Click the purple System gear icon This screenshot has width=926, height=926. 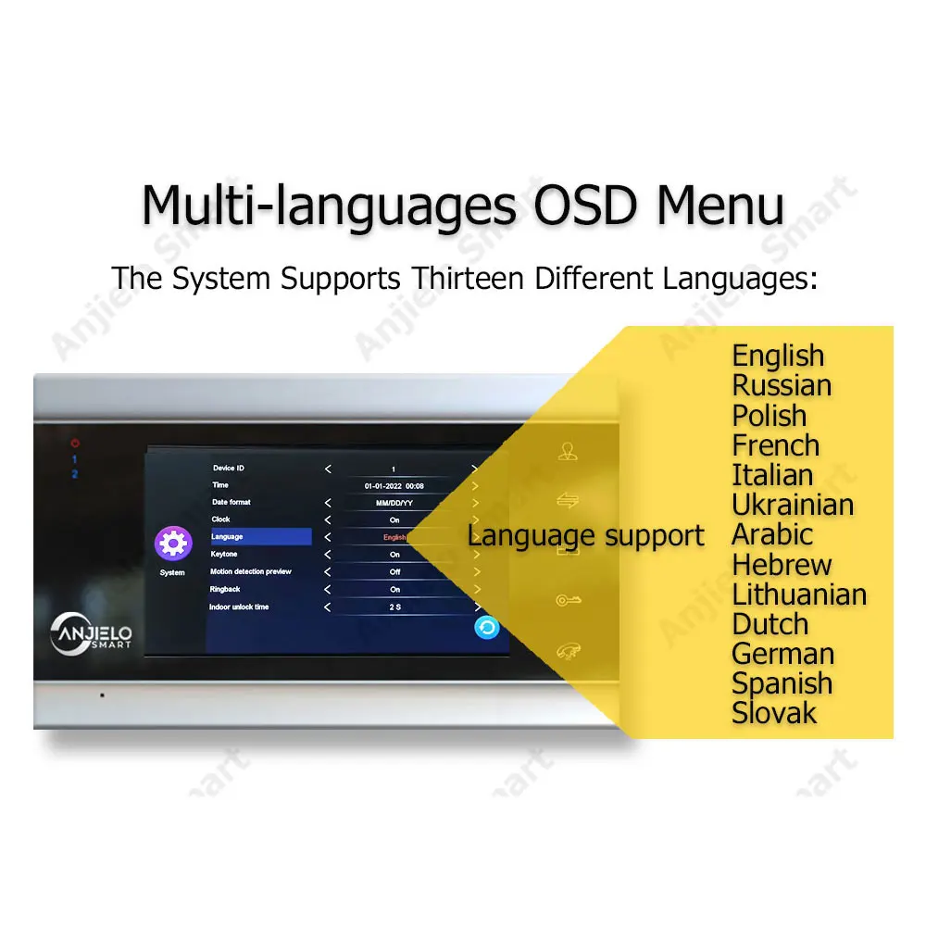point(173,543)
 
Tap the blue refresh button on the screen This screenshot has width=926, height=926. point(487,627)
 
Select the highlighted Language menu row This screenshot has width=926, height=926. point(260,536)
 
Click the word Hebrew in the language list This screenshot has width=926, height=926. point(782,565)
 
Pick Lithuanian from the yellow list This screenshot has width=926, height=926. point(799,594)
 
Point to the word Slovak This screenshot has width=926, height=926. point(773,713)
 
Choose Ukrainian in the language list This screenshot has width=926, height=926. point(793,505)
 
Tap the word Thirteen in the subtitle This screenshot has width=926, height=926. point(468,278)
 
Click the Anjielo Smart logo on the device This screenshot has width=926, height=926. point(91,633)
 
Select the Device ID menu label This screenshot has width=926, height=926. point(229,468)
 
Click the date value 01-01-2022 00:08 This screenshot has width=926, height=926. point(394,486)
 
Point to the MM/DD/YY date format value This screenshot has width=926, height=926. point(394,503)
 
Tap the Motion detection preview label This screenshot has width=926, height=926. point(251,571)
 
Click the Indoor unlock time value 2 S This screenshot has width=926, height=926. point(395,607)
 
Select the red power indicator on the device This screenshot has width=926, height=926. point(75,443)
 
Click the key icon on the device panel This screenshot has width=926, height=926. point(569,601)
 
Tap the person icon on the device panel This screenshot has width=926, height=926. point(568,451)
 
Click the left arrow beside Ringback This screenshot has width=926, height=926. point(328,589)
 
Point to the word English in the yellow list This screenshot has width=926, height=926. point(778,357)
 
